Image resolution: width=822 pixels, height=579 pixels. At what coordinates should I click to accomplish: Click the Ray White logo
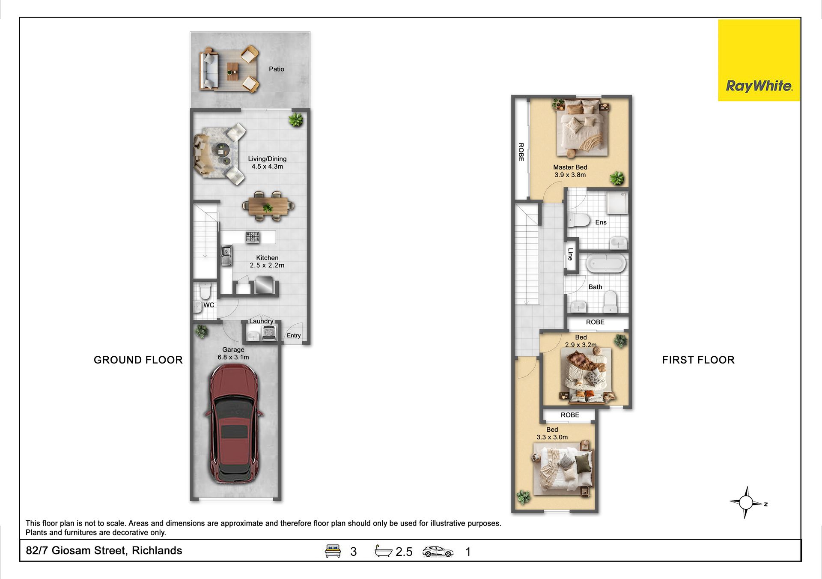click(759, 60)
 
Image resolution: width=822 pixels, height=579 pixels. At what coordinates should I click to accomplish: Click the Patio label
click(277, 69)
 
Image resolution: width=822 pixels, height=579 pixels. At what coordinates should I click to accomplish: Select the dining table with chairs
click(268, 206)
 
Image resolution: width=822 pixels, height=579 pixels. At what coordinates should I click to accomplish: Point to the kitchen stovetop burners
click(253, 237)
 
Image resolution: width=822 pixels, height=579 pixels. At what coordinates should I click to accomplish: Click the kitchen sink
click(226, 255)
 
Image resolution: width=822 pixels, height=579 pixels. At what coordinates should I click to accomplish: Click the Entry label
click(294, 335)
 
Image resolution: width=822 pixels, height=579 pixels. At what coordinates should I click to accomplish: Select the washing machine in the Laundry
click(269, 333)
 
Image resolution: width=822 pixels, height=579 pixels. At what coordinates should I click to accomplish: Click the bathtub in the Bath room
click(606, 263)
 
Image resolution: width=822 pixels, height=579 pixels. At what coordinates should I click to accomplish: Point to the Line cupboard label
click(570, 254)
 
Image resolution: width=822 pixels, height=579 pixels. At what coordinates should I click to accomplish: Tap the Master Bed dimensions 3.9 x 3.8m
click(570, 175)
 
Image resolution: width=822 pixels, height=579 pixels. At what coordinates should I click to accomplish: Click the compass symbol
click(747, 502)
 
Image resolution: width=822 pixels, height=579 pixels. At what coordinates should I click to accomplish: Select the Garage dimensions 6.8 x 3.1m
click(233, 357)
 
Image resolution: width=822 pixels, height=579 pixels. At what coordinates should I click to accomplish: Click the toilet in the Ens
click(579, 221)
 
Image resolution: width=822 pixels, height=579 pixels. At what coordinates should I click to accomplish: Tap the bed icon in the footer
click(333, 551)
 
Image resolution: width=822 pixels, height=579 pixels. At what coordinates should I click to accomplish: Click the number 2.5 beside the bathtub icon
click(404, 552)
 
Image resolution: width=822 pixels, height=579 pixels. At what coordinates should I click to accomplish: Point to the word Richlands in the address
click(157, 551)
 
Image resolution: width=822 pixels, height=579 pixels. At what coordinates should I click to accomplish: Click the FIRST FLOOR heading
click(698, 360)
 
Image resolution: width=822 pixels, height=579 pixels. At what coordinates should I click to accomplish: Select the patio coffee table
click(232, 71)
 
